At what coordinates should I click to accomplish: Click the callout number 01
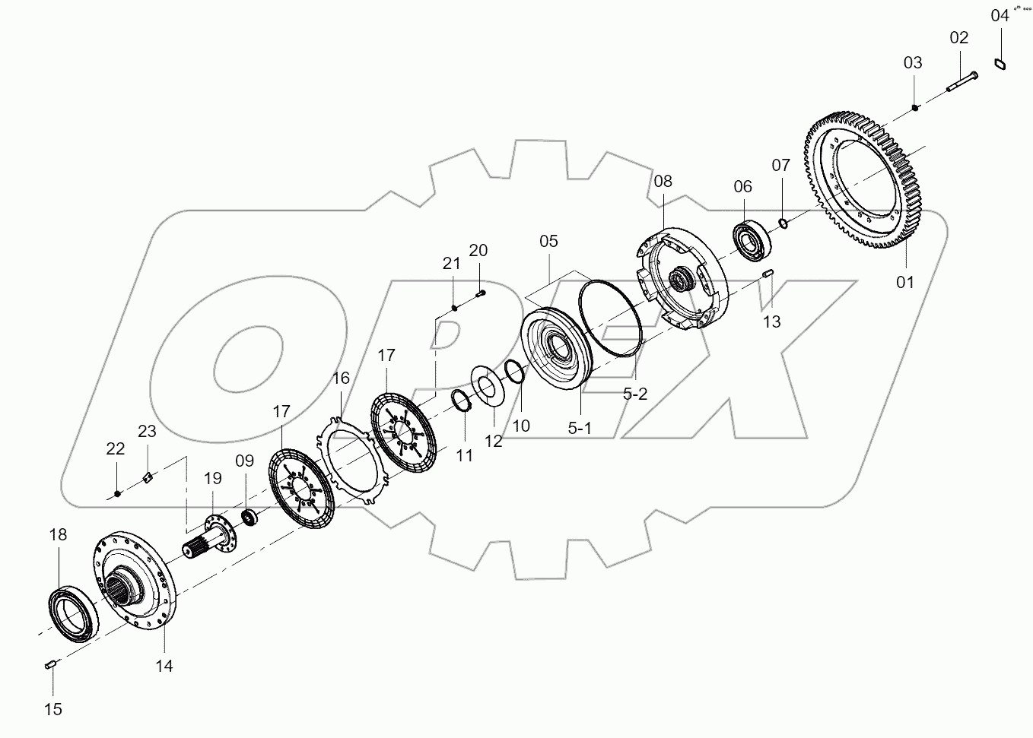[x=904, y=282]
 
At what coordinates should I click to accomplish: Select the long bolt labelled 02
[x=962, y=82]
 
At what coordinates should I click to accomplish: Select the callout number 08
[x=663, y=181]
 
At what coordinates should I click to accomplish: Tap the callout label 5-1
[x=579, y=428]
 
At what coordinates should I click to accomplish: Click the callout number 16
[x=340, y=379]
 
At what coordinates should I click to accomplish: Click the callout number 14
[x=164, y=666]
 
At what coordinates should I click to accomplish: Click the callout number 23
[x=147, y=432]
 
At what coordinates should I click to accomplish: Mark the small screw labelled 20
[x=480, y=293]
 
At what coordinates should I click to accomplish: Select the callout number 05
[x=548, y=242]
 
